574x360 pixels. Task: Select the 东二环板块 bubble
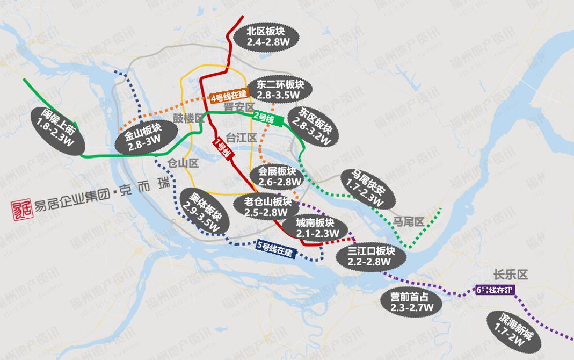pyautogui.click(x=280, y=90)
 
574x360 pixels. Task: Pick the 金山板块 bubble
pyautogui.click(x=147, y=137)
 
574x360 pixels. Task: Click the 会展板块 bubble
pyautogui.click(x=277, y=176)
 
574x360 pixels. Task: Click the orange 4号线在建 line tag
pyautogui.click(x=229, y=97)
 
